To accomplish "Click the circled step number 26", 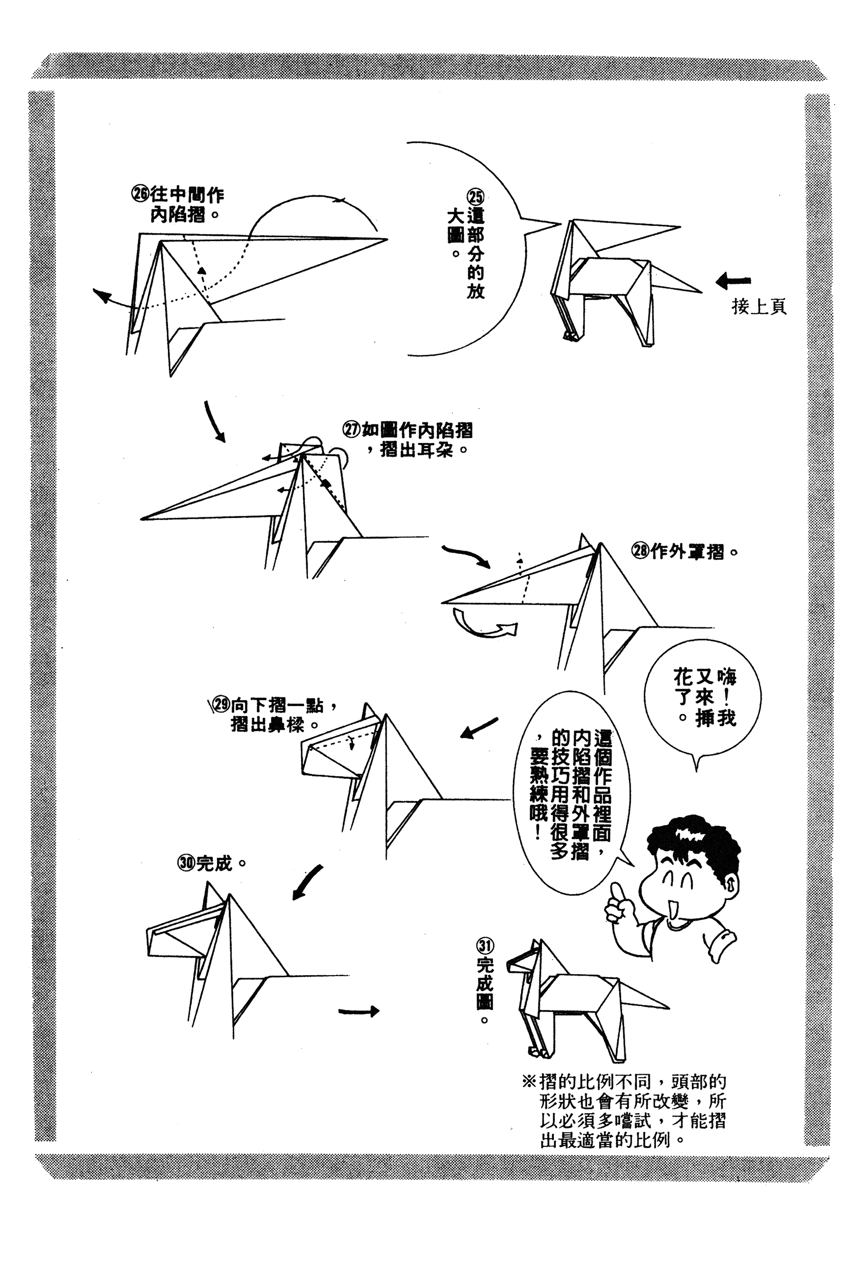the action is pyautogui.click(x=140, y=193).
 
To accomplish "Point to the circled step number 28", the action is pyautogui.click(x=641, y=551).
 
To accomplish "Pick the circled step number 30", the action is pyautogui.click(x=186, y=863).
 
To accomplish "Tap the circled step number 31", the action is pyautogui.click(x=485, y=946).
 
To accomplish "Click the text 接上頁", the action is pyautogui.click(x=759, y=307).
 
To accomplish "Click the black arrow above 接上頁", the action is pyautogui.click(x=733, y=281).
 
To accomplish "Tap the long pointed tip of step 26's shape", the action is pyautogui.click(x=387, y=239).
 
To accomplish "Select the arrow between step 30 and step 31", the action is pyautogui.click(x=358, y=1010).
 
